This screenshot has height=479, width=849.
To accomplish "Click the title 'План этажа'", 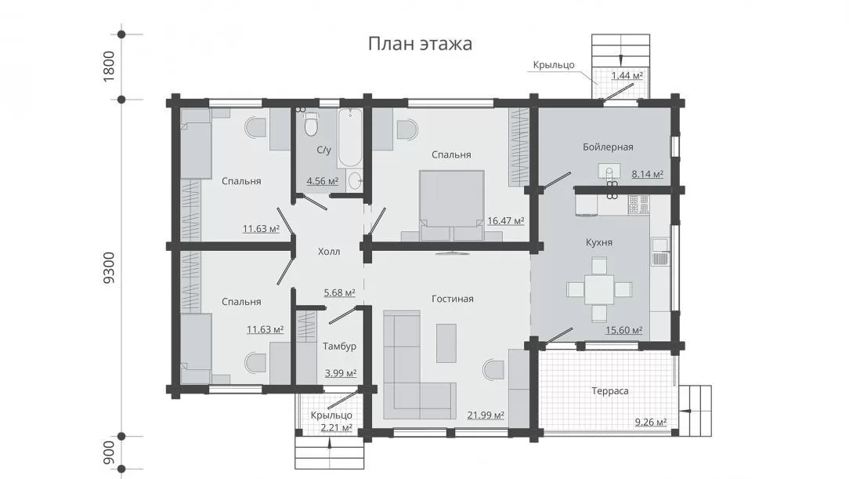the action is tap(420, 43).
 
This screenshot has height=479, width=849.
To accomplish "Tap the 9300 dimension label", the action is tap(110, 267).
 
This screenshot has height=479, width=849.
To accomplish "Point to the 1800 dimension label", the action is tap(110, 66).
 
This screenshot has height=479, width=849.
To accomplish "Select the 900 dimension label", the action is tap(110, 452).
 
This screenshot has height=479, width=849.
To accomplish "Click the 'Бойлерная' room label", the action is tap(608, 147).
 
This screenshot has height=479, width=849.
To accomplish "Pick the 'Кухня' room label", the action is tap(599, 242).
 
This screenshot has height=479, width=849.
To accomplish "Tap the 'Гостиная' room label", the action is tap(453, 299).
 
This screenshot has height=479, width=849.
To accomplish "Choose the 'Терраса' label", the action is tap(609, 390).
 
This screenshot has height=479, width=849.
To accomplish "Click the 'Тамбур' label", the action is tap(339, 347).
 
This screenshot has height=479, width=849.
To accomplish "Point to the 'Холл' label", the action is tap(329, 252).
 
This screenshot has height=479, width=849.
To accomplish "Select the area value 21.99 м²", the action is tap(486, 415).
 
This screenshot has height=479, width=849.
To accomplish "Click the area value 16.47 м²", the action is tap(506, 221).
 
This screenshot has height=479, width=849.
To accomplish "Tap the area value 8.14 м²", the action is tap(648, 175).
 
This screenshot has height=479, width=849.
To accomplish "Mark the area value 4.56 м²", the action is tap(323, 181).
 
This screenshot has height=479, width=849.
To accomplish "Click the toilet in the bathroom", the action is tap(311, 125).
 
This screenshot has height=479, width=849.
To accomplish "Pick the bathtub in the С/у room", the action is tap(350, 138).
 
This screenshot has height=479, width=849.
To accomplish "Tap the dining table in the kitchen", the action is tap(599, 290).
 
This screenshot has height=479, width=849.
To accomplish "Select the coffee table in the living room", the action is tap(446, 343).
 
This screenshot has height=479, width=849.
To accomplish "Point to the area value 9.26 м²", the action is tap(651, 422).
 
